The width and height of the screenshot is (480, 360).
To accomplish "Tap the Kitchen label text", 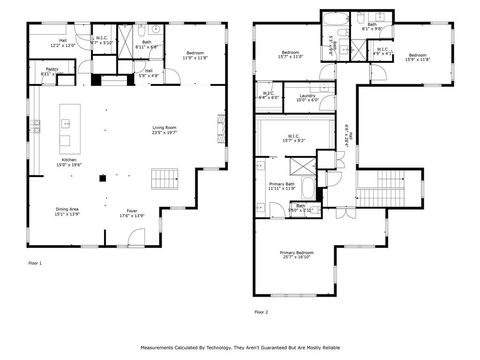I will tap(69, 162).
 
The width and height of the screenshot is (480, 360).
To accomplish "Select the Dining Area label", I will tap(69, 212).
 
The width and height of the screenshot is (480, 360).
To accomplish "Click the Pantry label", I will tap(51, 72).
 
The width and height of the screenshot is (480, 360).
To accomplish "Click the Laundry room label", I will tap(307, 98).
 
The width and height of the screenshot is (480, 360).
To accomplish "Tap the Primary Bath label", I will tap(282, 186).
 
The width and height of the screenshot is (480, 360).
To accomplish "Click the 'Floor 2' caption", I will tap(262, 312).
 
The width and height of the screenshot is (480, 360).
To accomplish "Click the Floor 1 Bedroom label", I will tap(193, 56).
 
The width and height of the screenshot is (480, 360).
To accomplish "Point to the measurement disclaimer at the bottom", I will tap(240, 348).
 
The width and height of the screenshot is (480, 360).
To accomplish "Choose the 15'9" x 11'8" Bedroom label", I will tap(417, 57).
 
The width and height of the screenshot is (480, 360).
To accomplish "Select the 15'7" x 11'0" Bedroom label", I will tap(291, 54).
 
